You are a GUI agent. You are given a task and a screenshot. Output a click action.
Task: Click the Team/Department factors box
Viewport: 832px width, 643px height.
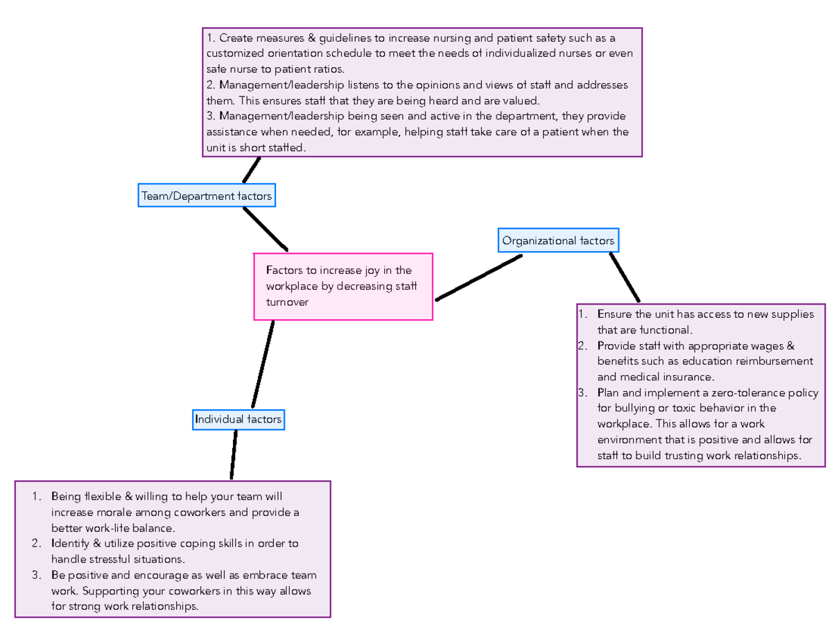click(x=206, y=196)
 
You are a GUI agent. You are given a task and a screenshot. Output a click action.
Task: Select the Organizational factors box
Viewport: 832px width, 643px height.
click(x=558, y=241)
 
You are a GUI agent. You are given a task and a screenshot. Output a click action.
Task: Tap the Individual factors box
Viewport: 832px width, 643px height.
click(x=238, y=419)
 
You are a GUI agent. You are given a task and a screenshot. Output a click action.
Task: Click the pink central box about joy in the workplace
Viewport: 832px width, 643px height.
click(x=343, y=286)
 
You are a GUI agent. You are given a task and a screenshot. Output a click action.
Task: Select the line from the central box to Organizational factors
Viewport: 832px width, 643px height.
click(x=478, y=277)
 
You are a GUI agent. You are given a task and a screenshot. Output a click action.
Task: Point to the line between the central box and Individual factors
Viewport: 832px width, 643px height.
click(x=263, y=364)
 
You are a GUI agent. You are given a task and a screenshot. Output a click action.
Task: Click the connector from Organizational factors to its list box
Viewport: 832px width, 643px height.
click(x=625, y=277)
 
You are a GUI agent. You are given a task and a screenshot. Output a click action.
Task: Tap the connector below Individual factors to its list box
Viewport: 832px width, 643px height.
click(x=234, y=454)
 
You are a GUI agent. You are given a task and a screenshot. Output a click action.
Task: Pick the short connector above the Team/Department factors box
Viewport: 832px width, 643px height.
click(x=252, y=170)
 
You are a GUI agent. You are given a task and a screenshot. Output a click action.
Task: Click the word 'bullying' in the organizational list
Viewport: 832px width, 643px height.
click(x=632, y=408)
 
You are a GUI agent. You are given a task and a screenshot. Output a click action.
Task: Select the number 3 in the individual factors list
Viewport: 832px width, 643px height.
click(x=35, y=575)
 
